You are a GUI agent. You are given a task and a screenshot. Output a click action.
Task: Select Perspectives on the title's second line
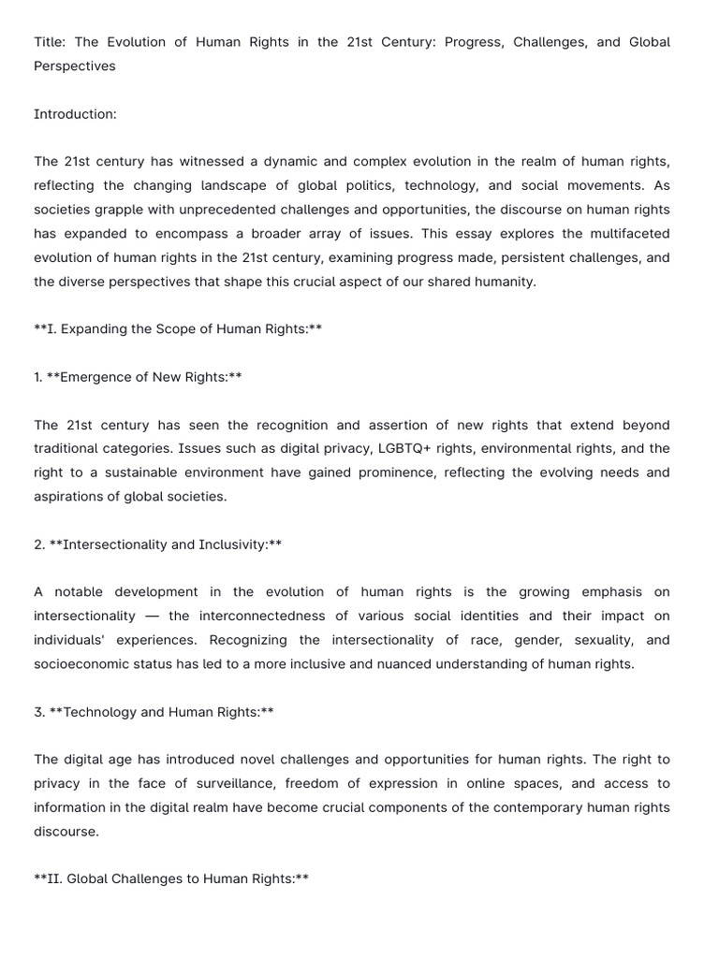tap(75, 66)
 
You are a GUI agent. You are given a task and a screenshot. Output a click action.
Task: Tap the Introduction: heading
tap(75, 114)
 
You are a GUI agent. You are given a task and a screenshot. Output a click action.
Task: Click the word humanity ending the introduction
tap(504, 282)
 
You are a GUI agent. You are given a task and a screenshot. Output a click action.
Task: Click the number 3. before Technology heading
tap(39, 712)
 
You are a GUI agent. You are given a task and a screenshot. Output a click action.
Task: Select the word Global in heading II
tap(88, 878)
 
